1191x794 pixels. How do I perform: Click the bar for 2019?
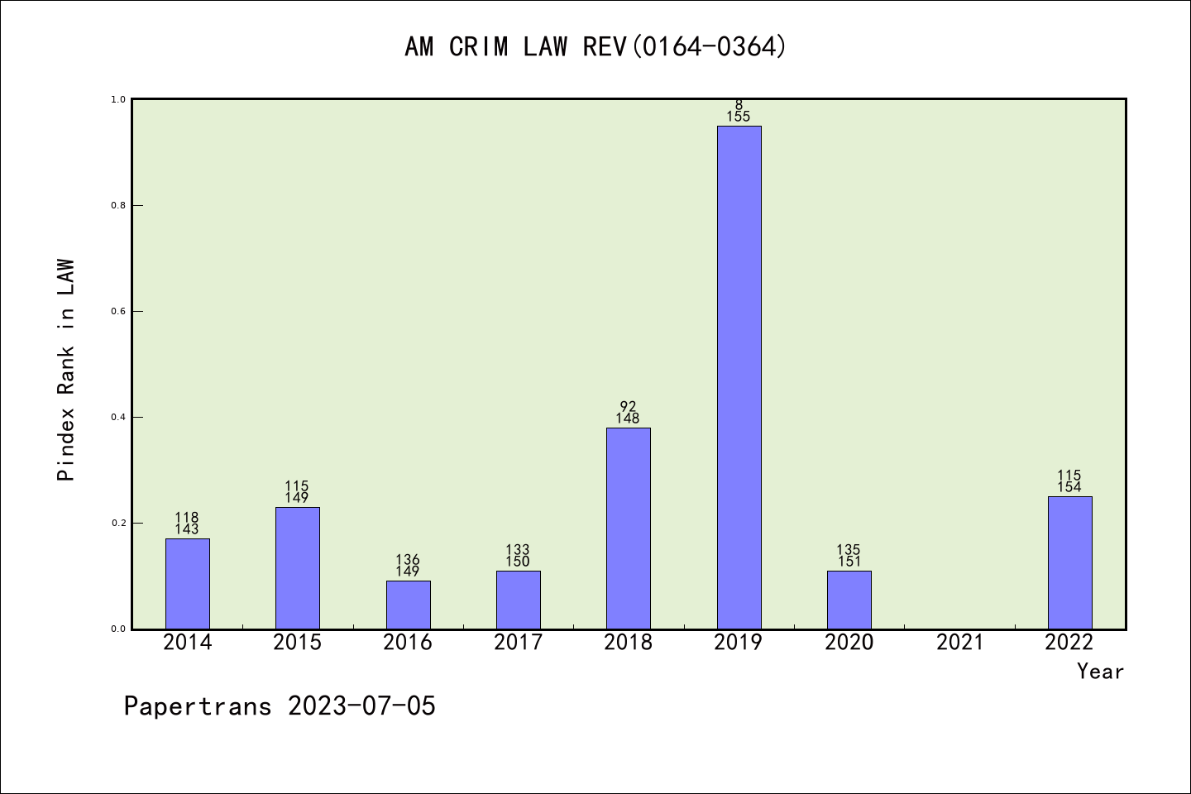(739, 377)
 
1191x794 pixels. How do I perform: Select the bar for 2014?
(188, 583)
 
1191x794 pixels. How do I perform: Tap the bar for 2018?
(629, 528)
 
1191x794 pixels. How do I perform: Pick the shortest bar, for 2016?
(408, 605)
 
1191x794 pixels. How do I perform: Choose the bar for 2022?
(1069, 562)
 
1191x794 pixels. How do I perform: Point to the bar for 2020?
(849, 600)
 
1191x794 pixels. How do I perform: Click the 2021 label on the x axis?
(959, 643)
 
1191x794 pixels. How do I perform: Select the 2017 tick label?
(518, 643)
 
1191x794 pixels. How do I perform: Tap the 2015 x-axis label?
(298, 643)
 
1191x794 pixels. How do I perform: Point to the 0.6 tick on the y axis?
(118, 311)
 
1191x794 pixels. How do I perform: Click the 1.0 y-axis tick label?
(118, 99)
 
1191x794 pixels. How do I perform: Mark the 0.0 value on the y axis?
(118, 629)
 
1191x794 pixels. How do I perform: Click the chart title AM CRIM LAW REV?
(595, 47)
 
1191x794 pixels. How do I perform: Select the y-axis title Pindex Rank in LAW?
(66, 370)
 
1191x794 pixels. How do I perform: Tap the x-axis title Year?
(1100, 672)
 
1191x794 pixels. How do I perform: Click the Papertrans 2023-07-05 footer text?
(280, 706)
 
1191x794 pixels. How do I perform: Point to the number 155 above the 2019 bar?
(739, 117)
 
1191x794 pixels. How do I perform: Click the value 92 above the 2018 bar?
(629, 406)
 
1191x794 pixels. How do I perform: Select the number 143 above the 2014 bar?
(187, 529)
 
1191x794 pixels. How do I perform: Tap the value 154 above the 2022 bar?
(1069, 487)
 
